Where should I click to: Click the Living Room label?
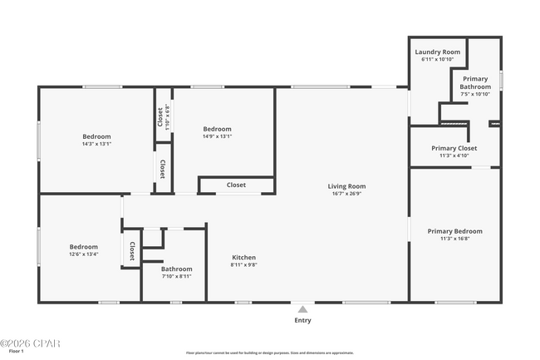coord(346,186)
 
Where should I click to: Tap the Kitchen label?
coord(243,258)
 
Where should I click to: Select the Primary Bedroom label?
coord(454,231)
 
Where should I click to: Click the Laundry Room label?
coord(437,52)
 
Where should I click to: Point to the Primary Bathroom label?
coord(475,82)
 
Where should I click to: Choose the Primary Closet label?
coord(454,148)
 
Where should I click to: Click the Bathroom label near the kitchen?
coord(176,269)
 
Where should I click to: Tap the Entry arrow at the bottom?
coord(302,308)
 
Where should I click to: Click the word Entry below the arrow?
coord(302,320)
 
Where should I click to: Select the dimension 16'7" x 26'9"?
coord(346,194)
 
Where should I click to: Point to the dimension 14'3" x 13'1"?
coord(96,144)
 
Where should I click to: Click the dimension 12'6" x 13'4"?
coord(83,254)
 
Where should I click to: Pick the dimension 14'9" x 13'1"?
coord(217,136)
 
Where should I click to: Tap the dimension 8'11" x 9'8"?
coord(243,265)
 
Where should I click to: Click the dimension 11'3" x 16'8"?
coord(454,239)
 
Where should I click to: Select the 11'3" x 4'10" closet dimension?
coord(454,155)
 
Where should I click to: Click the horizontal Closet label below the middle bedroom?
coord(236,185)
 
